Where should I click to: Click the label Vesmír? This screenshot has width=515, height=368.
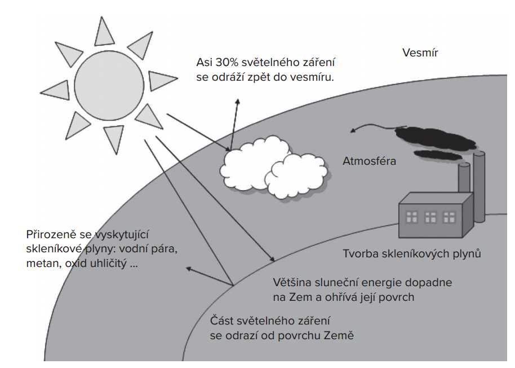tap(420, 52)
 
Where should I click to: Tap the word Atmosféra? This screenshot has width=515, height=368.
tap(369, 161)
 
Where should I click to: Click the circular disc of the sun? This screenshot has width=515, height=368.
tap(109, 85)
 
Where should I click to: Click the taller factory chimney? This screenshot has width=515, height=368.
tap(479, 187)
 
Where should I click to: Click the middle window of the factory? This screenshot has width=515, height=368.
tap(430, 217)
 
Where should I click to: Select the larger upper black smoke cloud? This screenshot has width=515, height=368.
tap(435, 138)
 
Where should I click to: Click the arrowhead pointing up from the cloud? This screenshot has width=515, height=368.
tap(237, 102)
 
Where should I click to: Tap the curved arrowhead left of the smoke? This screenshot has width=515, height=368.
tap(353, 130)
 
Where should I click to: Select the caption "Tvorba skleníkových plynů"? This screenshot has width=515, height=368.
tap(412, 253)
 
